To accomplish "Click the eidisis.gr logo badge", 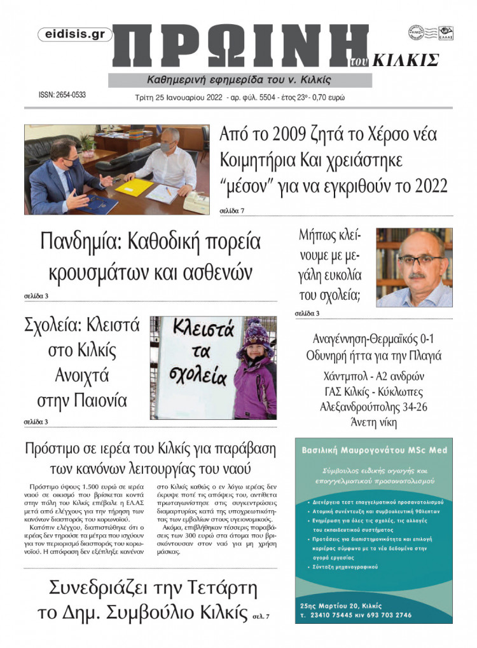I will coord(75,35).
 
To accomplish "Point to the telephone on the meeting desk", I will coord(195,203).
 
